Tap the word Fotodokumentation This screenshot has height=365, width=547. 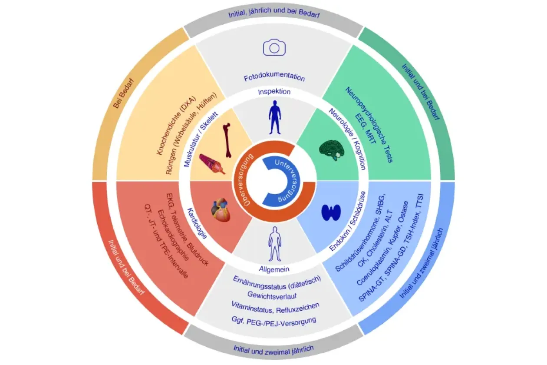tap(274, 77)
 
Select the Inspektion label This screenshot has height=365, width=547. tap(274, 92)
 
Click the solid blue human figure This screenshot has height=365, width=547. tap(275, 117)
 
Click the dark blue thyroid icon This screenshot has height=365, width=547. tap(331, 212)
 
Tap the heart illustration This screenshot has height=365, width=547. tap(221, 210)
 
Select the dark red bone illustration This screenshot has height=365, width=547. tap(227, 140)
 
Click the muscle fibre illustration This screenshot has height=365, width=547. tap(212, 164)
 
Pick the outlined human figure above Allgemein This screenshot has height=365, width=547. tap(275, 244)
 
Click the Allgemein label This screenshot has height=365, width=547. tap(274, 269)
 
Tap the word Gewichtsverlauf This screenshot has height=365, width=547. tap(272, 295)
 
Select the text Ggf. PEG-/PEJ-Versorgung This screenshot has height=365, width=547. tap(274, 321)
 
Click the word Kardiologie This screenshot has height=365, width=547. tap(197, 223)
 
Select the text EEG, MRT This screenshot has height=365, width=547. tap(366, 128)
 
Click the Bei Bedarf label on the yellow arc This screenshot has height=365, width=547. tap(124, 93)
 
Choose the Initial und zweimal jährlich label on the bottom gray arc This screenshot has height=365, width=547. tap(273, 350)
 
